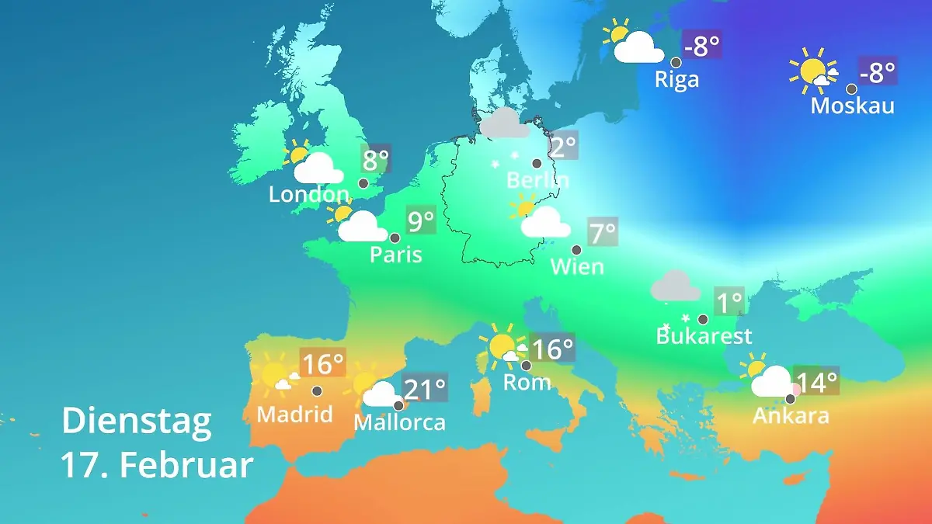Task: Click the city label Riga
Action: coord(676,80)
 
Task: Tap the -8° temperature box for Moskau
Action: coord(878,72)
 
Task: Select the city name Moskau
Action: coord(852,106)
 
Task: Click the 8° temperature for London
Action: coord(375,161)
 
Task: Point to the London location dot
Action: coord(363,183)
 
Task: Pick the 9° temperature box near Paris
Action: coord(421,221)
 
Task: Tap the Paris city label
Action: coord(395,255)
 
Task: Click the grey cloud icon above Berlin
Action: coord(504,123)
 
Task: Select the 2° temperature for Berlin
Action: coord(563,145)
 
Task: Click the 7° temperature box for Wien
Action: coord(602,231)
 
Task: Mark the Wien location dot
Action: coord(576,250)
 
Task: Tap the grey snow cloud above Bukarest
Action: coord(675,286)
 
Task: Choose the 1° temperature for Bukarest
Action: coord(729,301)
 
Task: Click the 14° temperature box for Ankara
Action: coord(817,381)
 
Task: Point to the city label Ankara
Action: coord(791,416)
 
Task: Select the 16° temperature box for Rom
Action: coord(552,349)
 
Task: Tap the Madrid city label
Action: coord(294,415)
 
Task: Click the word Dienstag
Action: coord(136,422)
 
